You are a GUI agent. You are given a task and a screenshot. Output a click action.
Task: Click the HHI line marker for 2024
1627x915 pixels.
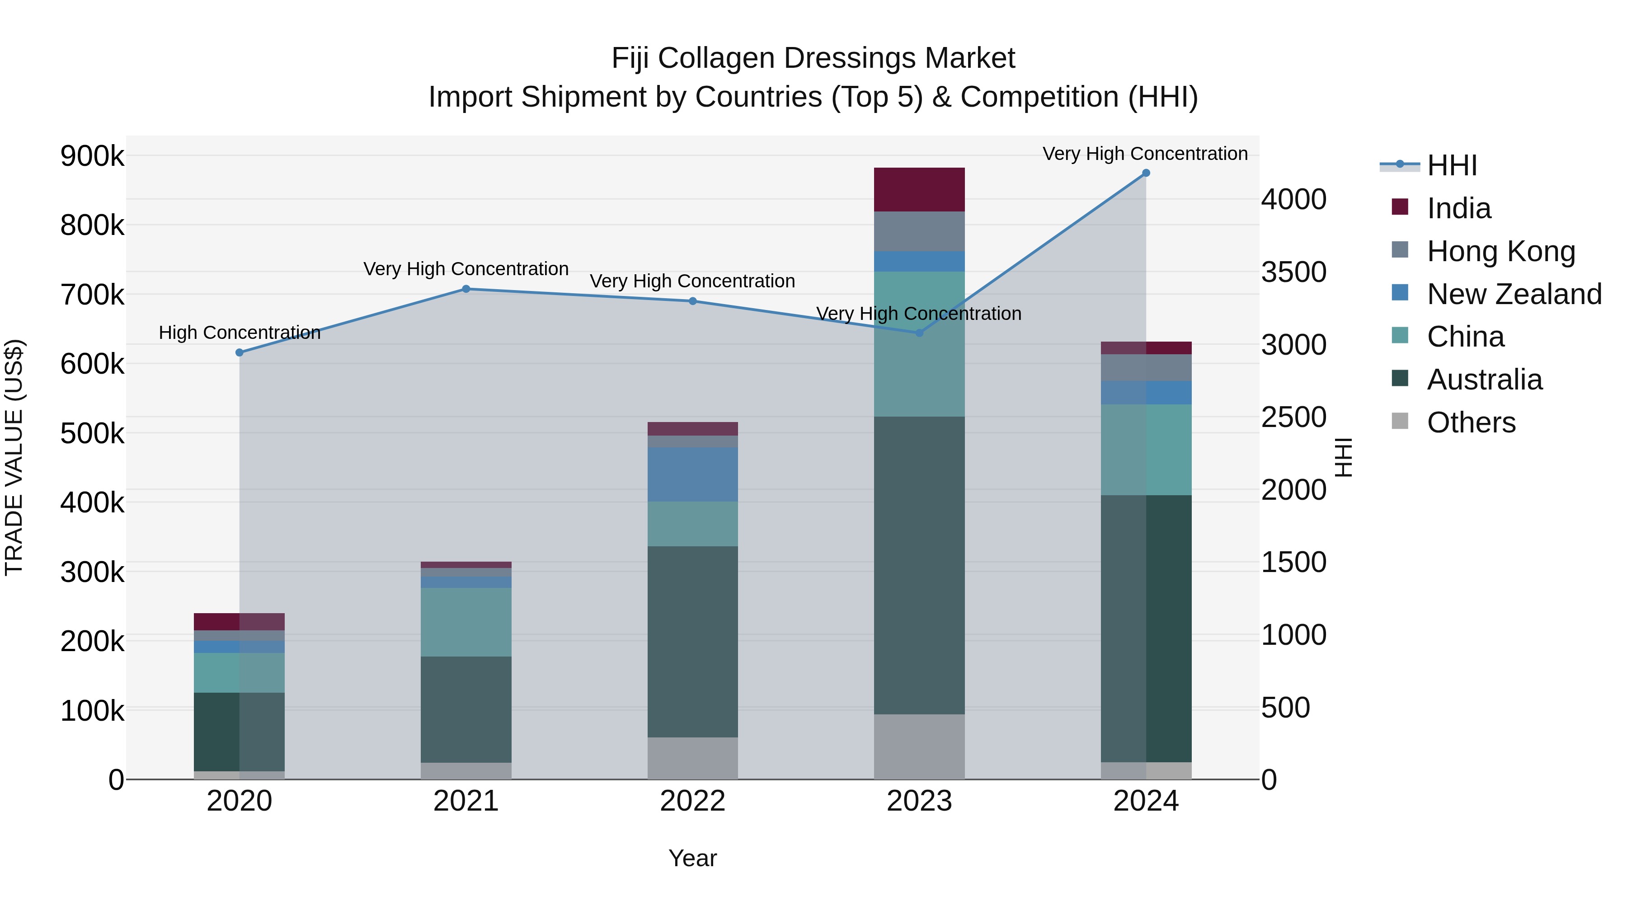pos(1146,173)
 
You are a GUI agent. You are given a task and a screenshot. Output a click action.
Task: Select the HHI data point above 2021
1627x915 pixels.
pos(466,289)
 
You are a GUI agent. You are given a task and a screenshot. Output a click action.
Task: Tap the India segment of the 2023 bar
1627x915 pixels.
pos(919,189)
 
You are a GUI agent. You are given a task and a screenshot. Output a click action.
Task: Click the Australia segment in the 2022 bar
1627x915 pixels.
pos(692,641)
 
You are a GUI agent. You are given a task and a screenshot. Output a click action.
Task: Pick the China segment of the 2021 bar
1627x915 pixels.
pos(466,622)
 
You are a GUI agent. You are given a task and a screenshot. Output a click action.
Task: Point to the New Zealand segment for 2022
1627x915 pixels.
pos(692,475)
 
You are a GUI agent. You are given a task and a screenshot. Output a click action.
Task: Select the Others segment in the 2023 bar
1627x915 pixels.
pos(919,746)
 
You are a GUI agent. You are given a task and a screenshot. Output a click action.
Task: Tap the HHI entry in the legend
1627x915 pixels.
pos(1451,165)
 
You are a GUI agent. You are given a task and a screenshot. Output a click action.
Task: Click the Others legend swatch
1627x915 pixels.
pos(1400,421)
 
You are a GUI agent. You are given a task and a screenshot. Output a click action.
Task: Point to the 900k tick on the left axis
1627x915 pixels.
pos(92,156)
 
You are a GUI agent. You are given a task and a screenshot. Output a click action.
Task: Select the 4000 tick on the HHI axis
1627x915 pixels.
pos(1293,200)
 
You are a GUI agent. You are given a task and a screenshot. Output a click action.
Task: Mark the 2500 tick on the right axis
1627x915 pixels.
pos(1293,418)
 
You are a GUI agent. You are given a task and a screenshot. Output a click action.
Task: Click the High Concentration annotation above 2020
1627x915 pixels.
pos(240,333)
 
